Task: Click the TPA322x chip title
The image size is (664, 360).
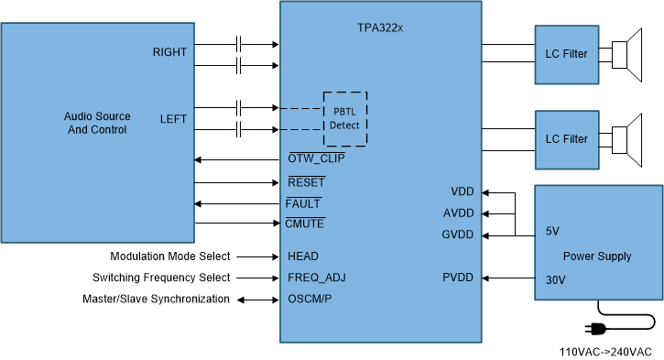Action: click(380, 28)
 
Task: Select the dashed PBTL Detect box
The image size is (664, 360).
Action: click(345, 118)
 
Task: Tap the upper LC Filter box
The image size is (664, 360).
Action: click(566, 54)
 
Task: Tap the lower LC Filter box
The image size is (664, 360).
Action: click(566, 139)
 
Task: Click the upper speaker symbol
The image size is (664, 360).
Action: click(629, 54)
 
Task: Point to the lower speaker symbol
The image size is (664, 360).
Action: click(629, 139)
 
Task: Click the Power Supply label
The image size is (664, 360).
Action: click(596, 256)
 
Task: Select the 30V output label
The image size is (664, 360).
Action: click(555, 280)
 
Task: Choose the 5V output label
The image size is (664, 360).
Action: click(551, 231)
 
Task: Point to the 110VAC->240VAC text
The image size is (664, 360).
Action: click(605, 352)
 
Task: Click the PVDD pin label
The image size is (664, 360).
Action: click(458, 278)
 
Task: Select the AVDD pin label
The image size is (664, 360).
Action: click(458, 213)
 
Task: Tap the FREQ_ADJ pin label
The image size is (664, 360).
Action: click(317, 278)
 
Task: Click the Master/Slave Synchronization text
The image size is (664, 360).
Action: click(157, 299)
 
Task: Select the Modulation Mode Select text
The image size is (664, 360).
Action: click(170, 256)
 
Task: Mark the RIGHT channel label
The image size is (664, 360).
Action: click(169, 52)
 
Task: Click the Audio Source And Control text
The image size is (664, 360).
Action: click(97, 123)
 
